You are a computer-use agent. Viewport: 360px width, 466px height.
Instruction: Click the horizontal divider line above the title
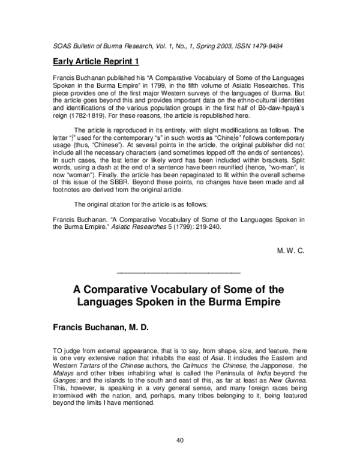click(x=180, y=273)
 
